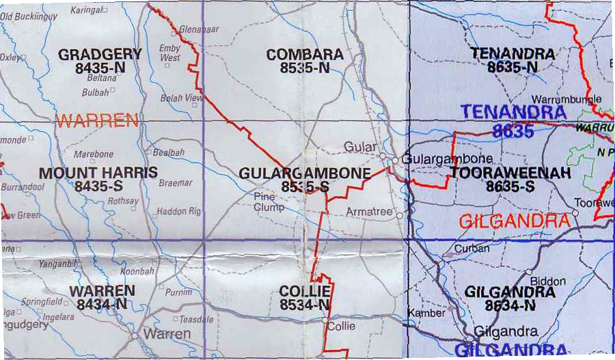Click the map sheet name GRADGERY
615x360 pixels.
tap(100, 54)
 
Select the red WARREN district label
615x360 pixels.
tap(97, 122)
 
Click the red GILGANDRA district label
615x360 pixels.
tap(514, 221)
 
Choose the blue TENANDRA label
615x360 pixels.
tap(512, 111)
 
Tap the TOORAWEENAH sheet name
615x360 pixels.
tap(510, 173)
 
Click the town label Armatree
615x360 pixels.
tap(369, 212)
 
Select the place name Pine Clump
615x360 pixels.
tap(269, 202)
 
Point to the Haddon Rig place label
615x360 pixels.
tap(178, 212)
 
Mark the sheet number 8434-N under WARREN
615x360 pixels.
tap(101, 305)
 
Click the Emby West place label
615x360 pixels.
tap(169, 53)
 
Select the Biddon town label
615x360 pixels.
tap(548, 281)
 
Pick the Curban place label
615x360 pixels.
tap(471, 249)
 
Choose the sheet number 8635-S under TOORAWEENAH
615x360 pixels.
tap(510, 185)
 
